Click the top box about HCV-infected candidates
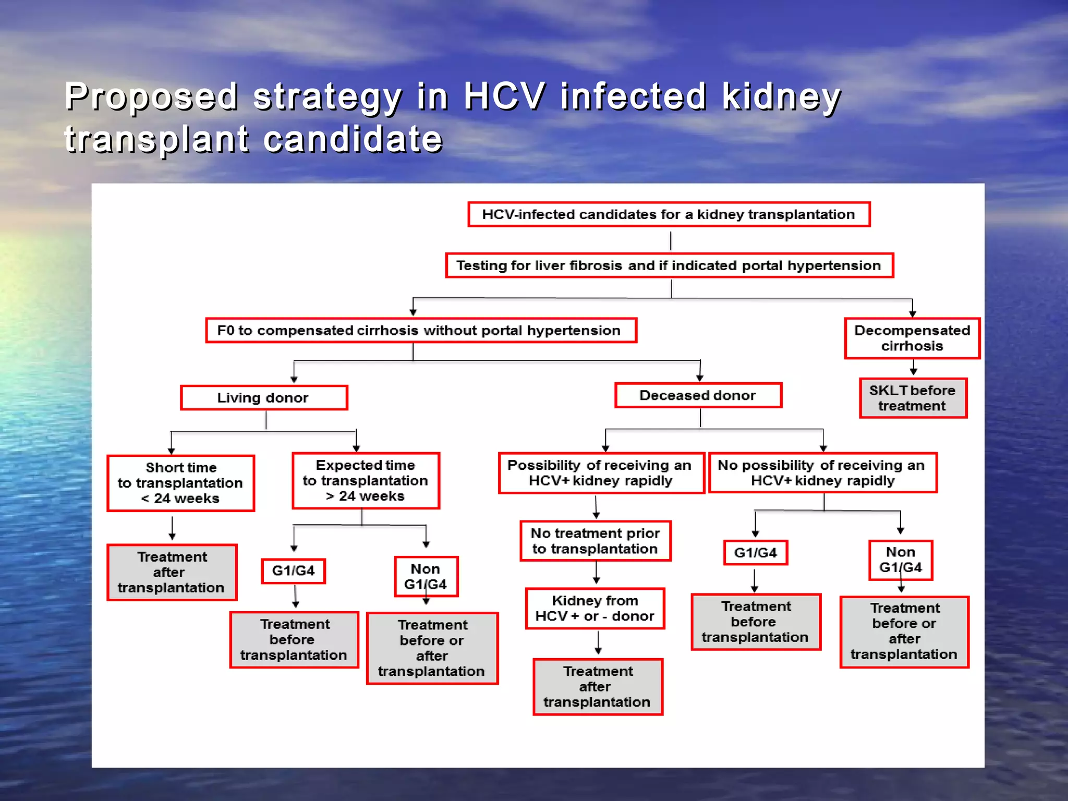669,214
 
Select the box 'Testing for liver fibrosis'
669,265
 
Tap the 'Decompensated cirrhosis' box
912,338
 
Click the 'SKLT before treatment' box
913,398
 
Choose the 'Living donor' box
263,398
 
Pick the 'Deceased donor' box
698,395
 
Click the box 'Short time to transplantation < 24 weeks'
180,483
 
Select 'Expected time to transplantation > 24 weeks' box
366,480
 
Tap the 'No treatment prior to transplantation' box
595,541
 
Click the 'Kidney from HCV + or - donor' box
595,609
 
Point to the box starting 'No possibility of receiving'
822,472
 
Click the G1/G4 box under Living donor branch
293,571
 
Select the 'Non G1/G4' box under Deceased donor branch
901,560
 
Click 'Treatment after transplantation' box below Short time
172,572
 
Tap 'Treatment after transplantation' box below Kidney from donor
598,686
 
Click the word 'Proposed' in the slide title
151,97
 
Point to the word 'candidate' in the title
353,140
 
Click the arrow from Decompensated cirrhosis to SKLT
913,368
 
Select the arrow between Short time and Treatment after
172,528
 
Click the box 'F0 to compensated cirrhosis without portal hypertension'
420,331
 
